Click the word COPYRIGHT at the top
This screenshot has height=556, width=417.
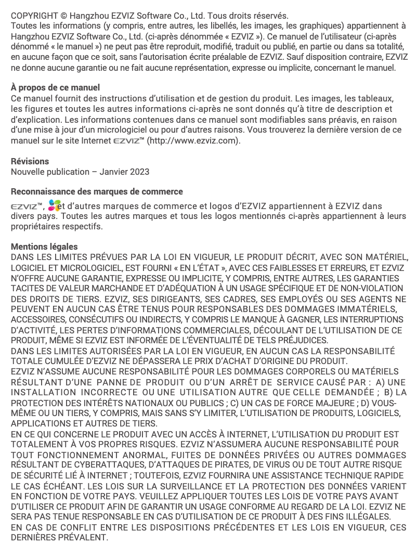tap(33, 16)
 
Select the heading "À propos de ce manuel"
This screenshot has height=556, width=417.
tap(55, 87)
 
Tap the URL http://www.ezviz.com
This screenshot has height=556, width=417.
tap(194, 140)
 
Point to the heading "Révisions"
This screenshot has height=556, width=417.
tap(30, 161)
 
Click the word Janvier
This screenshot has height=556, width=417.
tap(116, 172)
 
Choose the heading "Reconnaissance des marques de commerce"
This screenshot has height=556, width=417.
tap(97, 191)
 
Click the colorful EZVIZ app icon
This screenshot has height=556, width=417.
tap(54, 206)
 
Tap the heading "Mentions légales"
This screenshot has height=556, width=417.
tap(44, 247)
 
